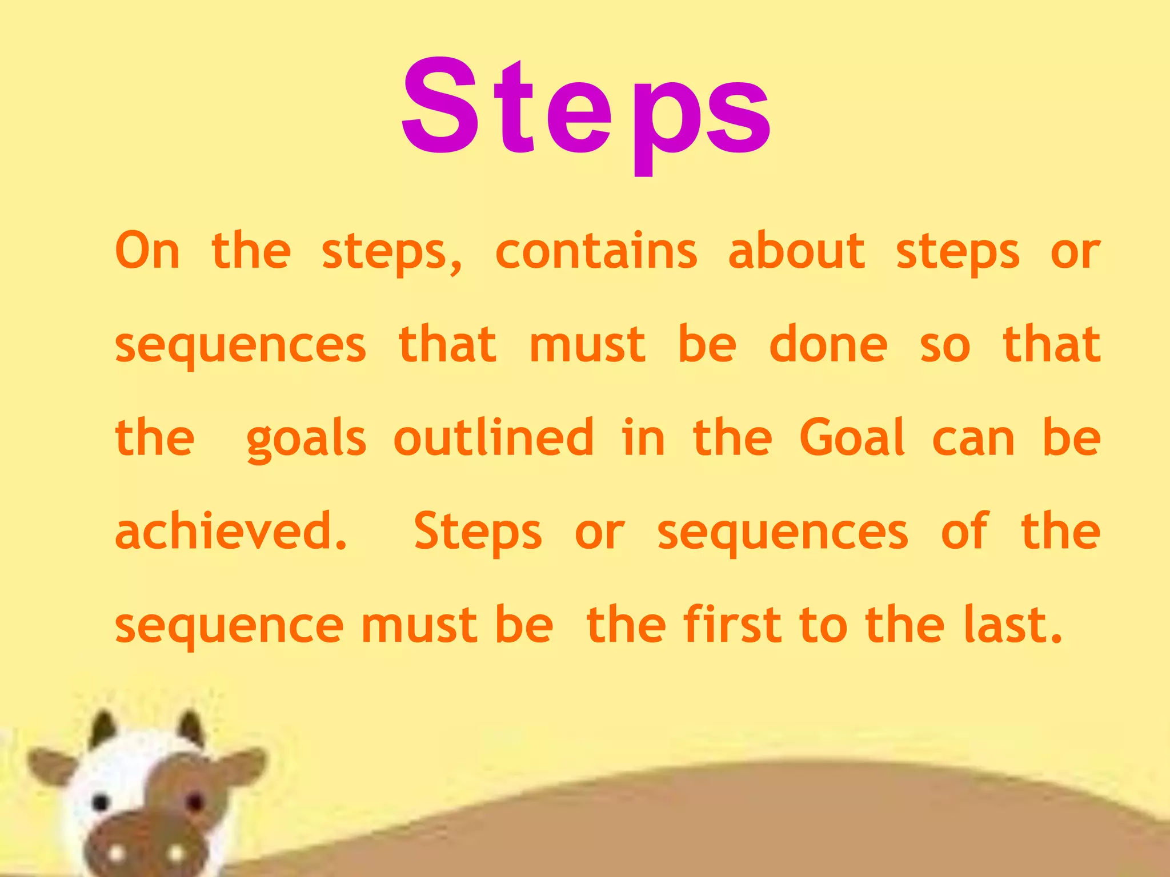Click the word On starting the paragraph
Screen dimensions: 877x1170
point(147,251)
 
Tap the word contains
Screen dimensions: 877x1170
point(596,251)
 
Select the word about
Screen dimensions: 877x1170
point(796,251)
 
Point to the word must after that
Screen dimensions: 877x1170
point(587,345)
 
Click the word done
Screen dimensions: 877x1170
point(828,345)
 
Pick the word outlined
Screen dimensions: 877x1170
point(494,438)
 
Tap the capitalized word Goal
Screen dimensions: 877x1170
point(852,438)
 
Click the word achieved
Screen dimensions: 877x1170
point(231,531)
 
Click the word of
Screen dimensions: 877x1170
point(964,531)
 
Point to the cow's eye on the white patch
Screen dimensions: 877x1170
point(101,802)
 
